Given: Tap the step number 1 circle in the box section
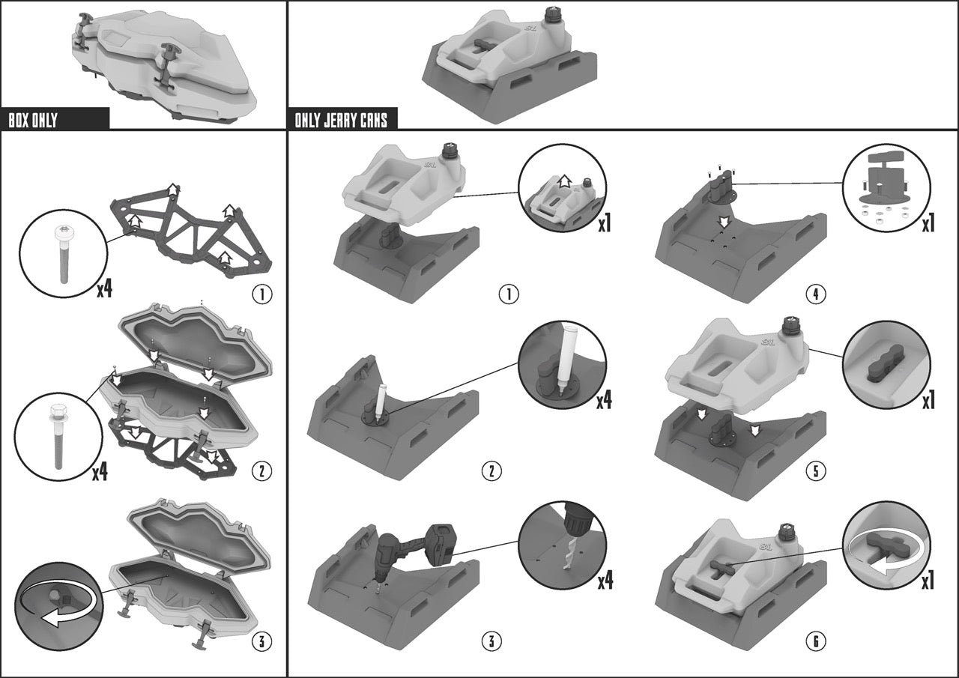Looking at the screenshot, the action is click(262, 294).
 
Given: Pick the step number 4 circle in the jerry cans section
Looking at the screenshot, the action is click(815, 294).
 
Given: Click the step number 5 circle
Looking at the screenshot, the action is click(815, 471).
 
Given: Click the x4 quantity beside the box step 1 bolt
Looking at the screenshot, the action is click(104, 290).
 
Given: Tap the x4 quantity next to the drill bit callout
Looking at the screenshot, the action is click(605, 581).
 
